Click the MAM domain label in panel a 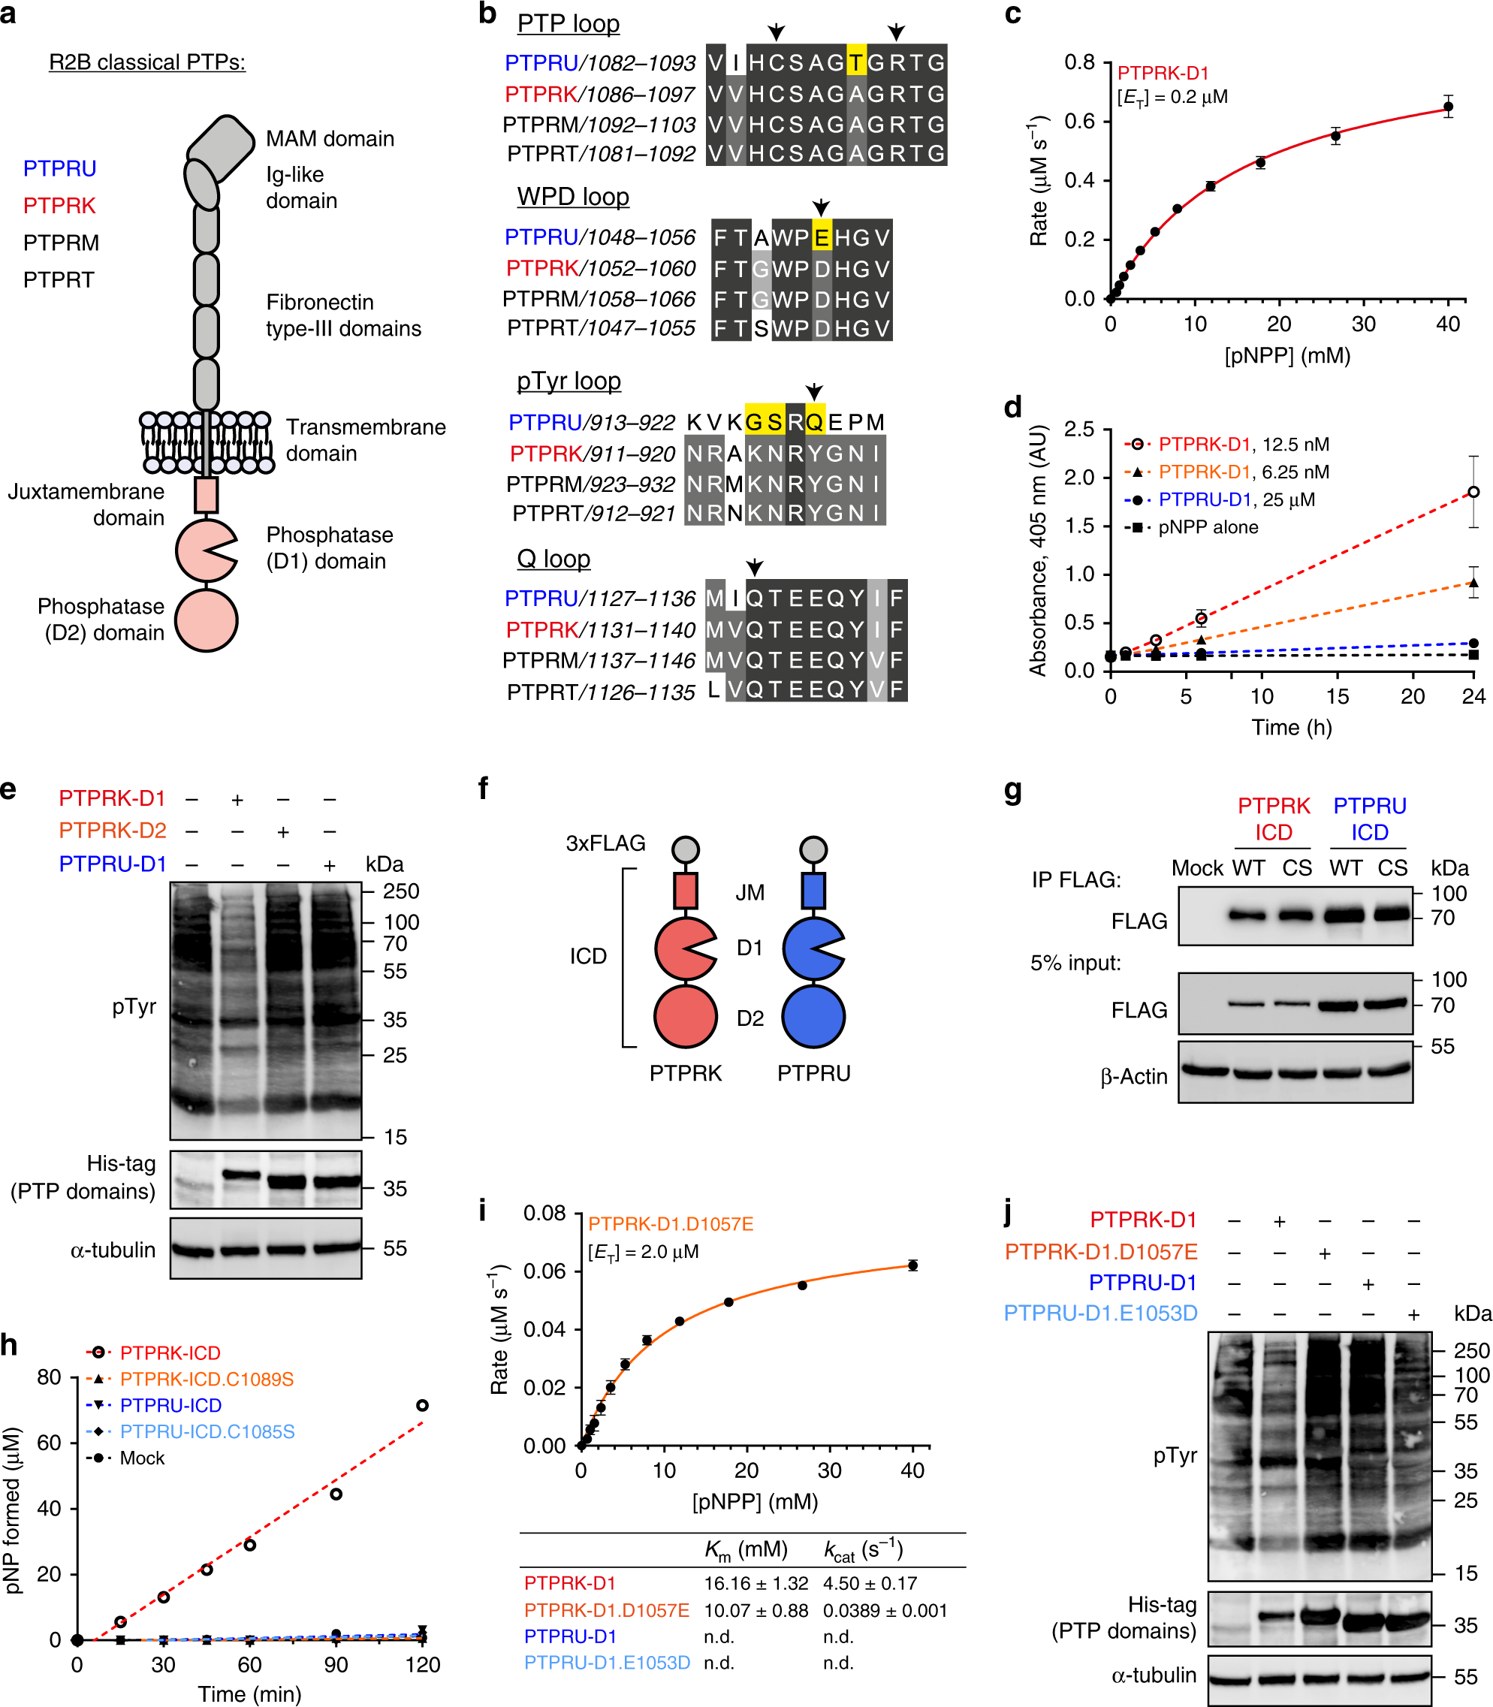[329, 138]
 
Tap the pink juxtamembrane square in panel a [206, 495]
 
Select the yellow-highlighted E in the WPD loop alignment [822, 238]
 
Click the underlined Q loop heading [553, 559]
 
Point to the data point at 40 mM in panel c [1448, 107]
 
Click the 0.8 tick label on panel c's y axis [1080, 62]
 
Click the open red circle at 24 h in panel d [1473, 493]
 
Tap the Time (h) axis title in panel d [1292, 727]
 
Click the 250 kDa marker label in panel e [401, 891]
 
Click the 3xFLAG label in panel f [606, 843]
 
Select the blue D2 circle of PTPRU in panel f [813, 1017]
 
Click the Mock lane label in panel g [1196, 868]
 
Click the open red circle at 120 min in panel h [422, 1405]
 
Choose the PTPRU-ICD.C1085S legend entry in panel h [207, 1431]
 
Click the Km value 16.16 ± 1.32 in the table [756, 1583]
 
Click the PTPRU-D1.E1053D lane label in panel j [1099, 1313]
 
